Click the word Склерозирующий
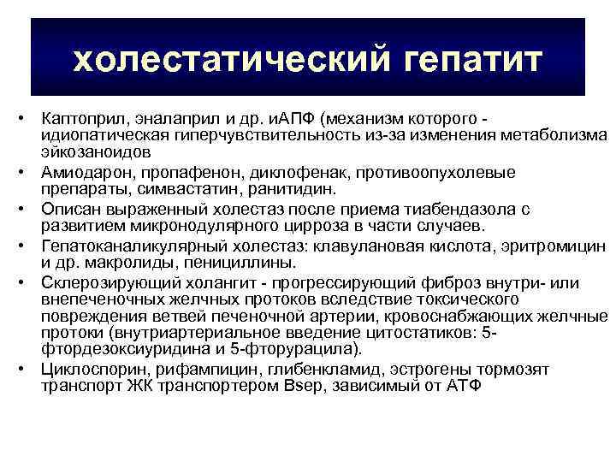tap(101, 282)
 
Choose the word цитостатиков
tap(422, 334)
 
